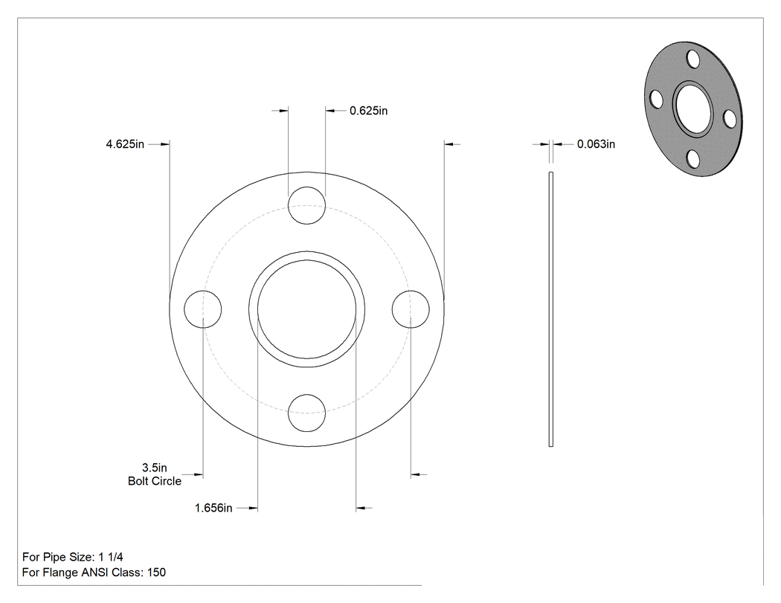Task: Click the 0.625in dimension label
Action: click(x=368, y=111)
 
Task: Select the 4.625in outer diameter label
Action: click(x=125, y=144)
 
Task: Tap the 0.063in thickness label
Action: click(x=596, y=144)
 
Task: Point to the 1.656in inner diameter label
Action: click(x=213, y=508)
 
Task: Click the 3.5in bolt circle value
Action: click(x=155, y=468)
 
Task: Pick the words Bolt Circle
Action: click(x=155, y=481)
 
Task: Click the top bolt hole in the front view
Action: click(x=306, y=206)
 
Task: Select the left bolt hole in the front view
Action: click(x=203, y=309)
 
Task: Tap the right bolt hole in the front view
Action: click(x=411, y=309)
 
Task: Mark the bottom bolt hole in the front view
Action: click(x=306, y=413)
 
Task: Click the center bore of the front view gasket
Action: click(x=306, y=309)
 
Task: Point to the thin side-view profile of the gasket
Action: click(x=551, y=309)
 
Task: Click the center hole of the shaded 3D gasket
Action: click(x=692, y=109)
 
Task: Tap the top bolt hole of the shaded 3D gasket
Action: click(x=693, y=59)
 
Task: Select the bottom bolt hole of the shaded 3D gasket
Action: click(x=692, y=159)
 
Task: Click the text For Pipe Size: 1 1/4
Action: click(x=73, y=557)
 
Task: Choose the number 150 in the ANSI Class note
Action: click(x=156, y=572)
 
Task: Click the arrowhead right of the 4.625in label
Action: click(x=165, y=144)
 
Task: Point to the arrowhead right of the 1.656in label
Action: click(x=253, y=508)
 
